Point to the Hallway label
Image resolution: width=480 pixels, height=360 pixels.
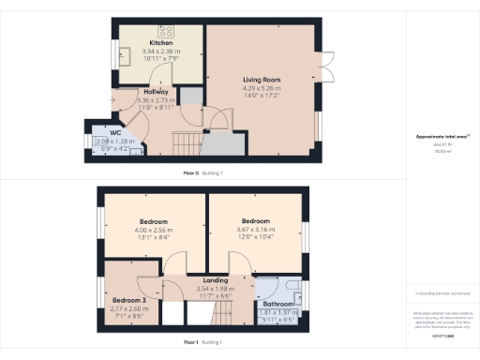157,92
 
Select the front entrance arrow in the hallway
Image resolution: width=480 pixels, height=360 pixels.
114,98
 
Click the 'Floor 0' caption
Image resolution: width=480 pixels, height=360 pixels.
195,173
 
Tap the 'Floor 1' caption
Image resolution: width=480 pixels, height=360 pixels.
195,343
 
